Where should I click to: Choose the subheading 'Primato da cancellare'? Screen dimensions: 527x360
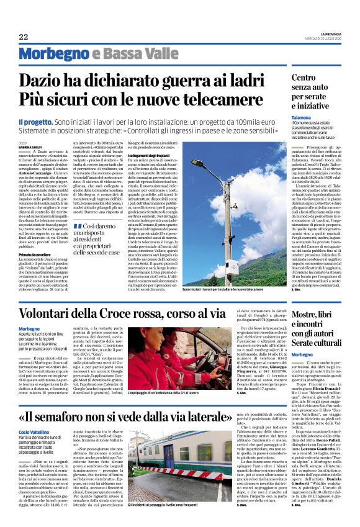[x=34, y=236]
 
